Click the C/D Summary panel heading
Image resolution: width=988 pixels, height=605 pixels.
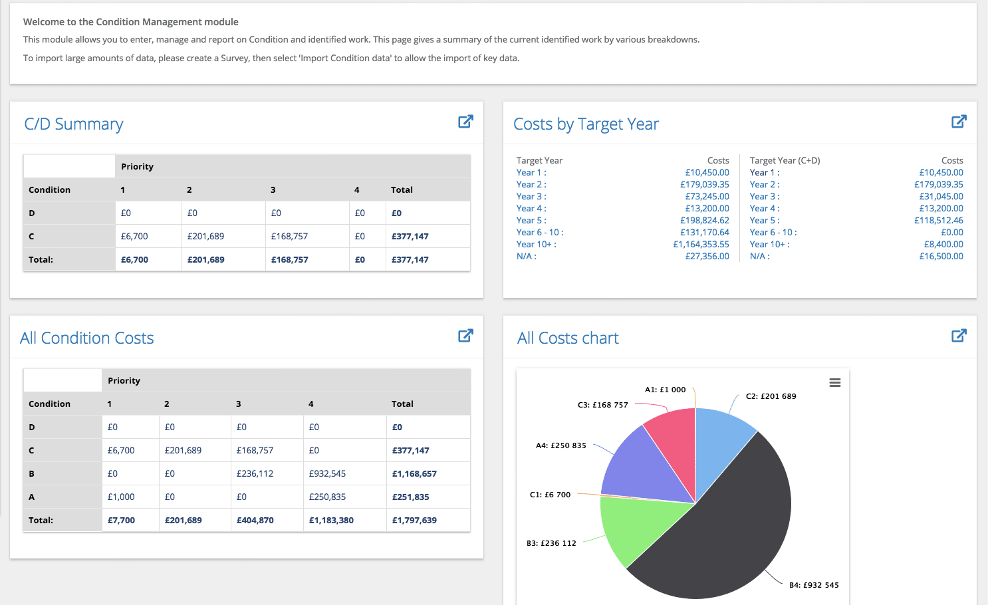tap(74, 124)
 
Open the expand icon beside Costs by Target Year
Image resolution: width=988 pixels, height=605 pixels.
tap(959, 122)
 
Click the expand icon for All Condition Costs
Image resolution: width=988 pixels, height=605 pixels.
tap(465, 336)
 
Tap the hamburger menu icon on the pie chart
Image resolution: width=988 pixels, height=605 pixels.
tap(835, 382)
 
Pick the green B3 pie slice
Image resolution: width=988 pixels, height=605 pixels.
tap(632, 525)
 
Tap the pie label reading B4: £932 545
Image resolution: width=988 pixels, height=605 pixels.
tap(814, 585)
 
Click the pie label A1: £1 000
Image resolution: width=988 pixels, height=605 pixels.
tap(665, 390)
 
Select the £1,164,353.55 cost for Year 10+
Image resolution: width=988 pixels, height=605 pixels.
tap(701, 244)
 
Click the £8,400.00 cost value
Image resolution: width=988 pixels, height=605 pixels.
tap(943, 244)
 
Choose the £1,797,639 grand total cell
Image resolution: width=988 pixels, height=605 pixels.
tap(414, 520)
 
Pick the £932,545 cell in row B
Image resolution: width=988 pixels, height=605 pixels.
tap(327, 473)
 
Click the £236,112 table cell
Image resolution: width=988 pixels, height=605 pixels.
tap(255, 473)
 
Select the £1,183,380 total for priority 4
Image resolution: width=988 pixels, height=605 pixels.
tap(331, 520)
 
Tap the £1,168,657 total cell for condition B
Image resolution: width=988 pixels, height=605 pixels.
tap(414, 473)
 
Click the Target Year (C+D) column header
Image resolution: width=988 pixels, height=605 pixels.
tap(785, 160)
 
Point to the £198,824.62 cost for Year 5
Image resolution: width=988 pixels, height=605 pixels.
tap(704, 220)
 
